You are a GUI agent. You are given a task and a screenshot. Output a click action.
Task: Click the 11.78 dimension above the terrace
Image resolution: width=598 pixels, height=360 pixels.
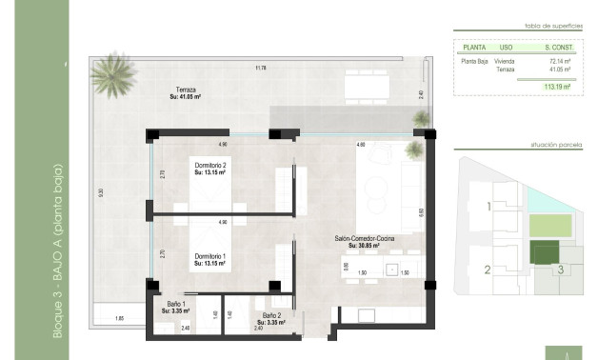click(x=260, y=68)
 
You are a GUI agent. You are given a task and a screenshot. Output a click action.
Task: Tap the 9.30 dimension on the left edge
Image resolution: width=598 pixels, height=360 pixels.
click(x=101, y=191)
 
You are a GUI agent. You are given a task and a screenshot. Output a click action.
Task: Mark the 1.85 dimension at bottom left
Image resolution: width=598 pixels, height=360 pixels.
click(x=119, y=318)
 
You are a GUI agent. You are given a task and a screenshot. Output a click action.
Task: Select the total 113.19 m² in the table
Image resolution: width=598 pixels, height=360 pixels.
click(x=557, y=87)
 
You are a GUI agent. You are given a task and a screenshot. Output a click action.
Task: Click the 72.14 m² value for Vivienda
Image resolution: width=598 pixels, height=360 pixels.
click(x=559, y=60)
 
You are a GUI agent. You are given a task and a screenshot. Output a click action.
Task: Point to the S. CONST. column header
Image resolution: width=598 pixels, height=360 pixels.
click(x=559, y=46)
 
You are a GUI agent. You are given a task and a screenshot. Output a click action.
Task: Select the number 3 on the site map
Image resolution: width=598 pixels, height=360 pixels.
click(x=561, y=270)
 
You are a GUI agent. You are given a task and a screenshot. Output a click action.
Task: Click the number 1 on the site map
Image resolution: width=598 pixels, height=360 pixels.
click(x=488, y=206)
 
